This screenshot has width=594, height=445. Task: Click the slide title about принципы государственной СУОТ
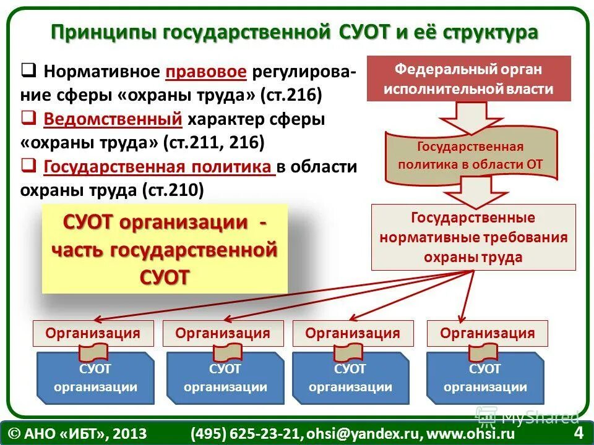[x=294, y=32]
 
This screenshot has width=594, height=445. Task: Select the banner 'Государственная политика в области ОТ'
[x=470, y=156]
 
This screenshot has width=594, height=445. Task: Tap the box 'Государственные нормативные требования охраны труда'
[x=473, y=237]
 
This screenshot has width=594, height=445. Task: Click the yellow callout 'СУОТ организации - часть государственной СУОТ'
[x=165, y=249]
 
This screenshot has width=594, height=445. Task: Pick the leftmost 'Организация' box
[x=93, y=333]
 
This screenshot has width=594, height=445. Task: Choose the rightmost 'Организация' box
[x=488, y=333]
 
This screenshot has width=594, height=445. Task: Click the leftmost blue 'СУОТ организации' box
[x=95, y=378]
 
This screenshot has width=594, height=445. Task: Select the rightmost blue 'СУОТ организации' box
[x=485, y=378]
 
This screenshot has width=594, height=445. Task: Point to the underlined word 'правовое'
[x=207, y=72]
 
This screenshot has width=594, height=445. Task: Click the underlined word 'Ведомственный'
[x=113, y=118]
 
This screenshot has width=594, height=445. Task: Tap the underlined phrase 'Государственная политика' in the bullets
[x=160, y=166]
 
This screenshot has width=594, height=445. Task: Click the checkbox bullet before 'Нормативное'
[x=28, y=70]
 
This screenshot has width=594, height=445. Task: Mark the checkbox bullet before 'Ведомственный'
[x=28, y=117]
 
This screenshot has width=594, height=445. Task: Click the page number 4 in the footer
[x=579, y=432]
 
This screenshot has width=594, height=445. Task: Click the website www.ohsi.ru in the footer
[x=480, y=433]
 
